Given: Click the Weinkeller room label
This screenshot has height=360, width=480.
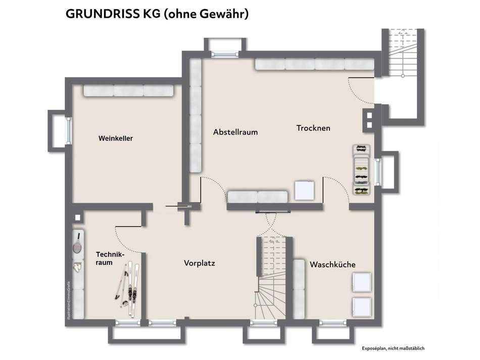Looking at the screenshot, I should [x=116, y=138].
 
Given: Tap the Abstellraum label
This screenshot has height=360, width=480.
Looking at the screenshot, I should [x=235, y=132].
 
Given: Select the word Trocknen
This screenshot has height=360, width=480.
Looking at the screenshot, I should [x=313, y=128].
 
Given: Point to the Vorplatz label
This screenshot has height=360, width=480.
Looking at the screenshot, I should [x=200, y=263].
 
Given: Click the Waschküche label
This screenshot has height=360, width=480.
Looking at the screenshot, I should [x=332, y=264].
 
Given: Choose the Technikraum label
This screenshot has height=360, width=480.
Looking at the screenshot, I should [x=109, y=259].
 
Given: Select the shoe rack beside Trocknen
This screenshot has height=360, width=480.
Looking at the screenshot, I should [x=361, y=170].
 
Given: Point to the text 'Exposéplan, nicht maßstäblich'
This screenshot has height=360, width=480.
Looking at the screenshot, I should [x=393, y=348].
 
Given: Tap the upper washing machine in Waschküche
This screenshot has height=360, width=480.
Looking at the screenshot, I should [x=362, y=283].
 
